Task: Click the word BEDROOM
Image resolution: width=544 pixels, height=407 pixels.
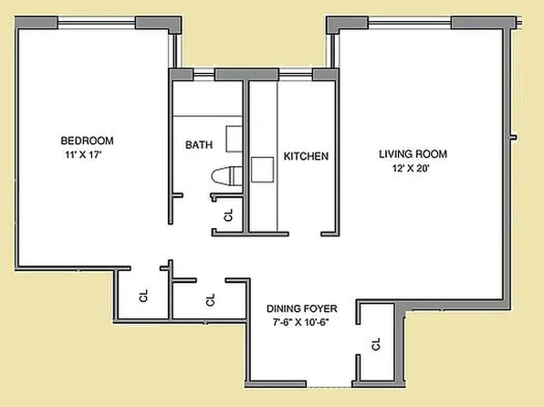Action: coord(87,141)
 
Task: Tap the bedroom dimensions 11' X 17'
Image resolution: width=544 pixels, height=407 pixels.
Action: coord(87,155)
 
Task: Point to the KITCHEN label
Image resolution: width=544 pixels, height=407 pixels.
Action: coord(306,157)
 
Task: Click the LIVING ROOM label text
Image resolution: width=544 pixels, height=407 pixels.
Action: coord(413,153)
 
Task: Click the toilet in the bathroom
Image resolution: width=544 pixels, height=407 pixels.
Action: coord(224,177)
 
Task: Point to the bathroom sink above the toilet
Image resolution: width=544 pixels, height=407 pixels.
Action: coord(232,137)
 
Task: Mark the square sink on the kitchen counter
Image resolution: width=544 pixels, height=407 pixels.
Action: coord(263,169)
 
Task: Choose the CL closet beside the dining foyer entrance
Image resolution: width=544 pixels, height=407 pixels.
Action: coord(375,344)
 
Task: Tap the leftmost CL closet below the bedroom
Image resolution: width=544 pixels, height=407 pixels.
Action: coord(143,297)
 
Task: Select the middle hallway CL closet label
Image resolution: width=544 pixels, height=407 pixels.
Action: coord(210,299)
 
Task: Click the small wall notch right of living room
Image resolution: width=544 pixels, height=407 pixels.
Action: coord(515,139)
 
